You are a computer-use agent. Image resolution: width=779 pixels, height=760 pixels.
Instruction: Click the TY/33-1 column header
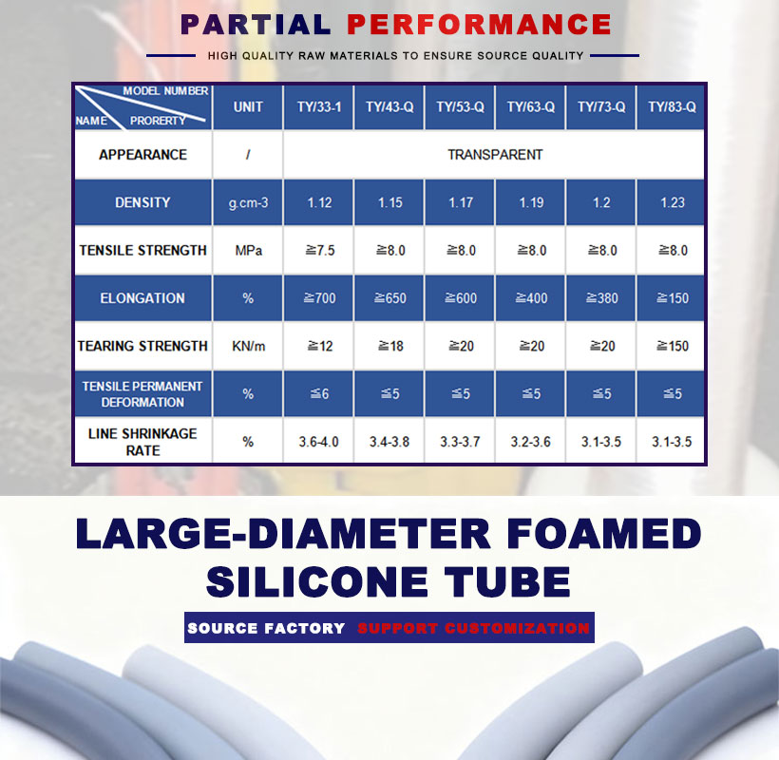tap(319, 107)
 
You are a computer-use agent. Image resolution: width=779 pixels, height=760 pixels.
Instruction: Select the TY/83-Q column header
tap(672, 107)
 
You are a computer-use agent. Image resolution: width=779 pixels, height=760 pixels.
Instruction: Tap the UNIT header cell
tap(248, 107)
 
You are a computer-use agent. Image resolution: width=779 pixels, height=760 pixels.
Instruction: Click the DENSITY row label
tap(142, 202)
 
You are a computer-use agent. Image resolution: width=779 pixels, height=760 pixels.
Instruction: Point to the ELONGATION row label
tap(142, 298)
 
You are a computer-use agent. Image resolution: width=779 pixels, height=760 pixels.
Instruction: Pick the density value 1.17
tap(461, 202)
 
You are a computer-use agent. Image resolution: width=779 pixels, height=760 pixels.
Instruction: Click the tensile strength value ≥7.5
tap(319, 251)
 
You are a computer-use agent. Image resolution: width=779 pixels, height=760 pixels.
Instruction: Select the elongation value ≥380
tap(601, 298)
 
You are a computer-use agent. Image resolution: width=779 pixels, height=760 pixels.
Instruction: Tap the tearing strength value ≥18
tap(390, 346)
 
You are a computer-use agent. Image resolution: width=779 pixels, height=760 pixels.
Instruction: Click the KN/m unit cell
tap(248, 346)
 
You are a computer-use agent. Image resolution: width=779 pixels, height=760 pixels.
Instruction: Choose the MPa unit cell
tap(248, 251)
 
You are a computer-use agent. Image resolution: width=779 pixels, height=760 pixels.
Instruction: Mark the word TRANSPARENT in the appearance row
tap(495, 155)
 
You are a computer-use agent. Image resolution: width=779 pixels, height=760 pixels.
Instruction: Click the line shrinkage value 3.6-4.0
tap(318, 442)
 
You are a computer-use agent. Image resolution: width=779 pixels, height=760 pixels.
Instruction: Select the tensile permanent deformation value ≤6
tap(319, 394)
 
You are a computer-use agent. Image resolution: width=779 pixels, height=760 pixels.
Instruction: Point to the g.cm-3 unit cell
tap(248, 203)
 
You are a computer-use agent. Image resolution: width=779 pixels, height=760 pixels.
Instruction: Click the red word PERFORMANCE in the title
tap(479, 25)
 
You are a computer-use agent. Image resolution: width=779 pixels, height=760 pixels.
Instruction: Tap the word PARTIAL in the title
tap(256, 25)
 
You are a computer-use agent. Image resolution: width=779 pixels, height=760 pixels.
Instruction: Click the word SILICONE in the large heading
tap(317, 581)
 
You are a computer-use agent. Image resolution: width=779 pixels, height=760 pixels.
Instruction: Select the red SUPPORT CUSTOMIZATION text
tap(473, 628)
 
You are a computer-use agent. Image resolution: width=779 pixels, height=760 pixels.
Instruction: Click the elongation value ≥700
tap(319, 298)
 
